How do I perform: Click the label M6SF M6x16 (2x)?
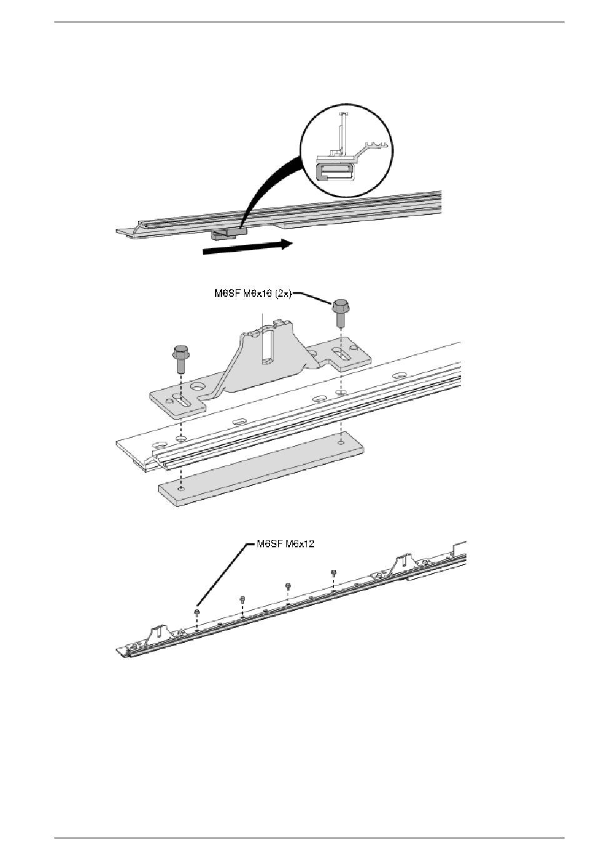(253, 294)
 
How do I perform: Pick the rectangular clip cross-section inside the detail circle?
(335, 171)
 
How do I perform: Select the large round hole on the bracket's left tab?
(199, 386)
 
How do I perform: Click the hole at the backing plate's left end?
(181, 489)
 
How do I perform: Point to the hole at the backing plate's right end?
(341, 443)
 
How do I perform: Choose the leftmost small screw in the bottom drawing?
(197, 612)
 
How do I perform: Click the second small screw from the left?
(242, 599)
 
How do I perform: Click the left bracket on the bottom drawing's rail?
(158, 634)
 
